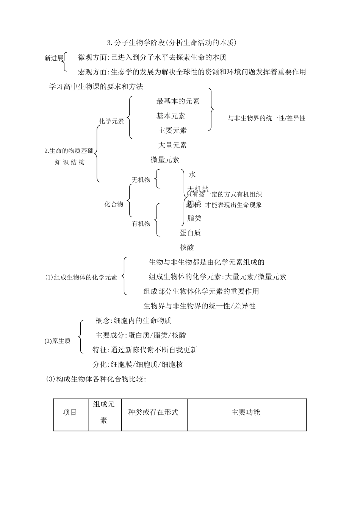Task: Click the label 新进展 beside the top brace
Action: [x=53, y=58]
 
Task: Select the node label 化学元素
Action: [x=111, y=121]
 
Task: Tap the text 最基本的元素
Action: [x=178, y=101]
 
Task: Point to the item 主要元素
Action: [x=172, y=131]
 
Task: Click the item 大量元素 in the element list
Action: [x=172, y=145]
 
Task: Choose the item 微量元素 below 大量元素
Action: [x=165, y=160]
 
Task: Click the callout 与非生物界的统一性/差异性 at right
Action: [x=266, y=118]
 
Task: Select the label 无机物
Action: [x=141, y=180]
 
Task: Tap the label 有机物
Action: [x=141, y=223]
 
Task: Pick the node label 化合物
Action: [x=114, y=204]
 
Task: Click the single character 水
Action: [x=192, y=175]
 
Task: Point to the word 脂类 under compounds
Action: [x=194, y=218]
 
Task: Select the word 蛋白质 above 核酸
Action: [x=190, y=233]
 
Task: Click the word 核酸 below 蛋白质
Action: [x=187, y=248]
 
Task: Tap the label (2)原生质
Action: [x=58, y=341]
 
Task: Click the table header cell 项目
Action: [x=70, y=412]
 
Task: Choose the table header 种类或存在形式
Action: [x=153, y=412]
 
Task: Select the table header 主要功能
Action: [x=246, y=412]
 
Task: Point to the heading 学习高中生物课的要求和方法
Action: [x=96, y=87]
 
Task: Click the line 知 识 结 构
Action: [x=70, y=162]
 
